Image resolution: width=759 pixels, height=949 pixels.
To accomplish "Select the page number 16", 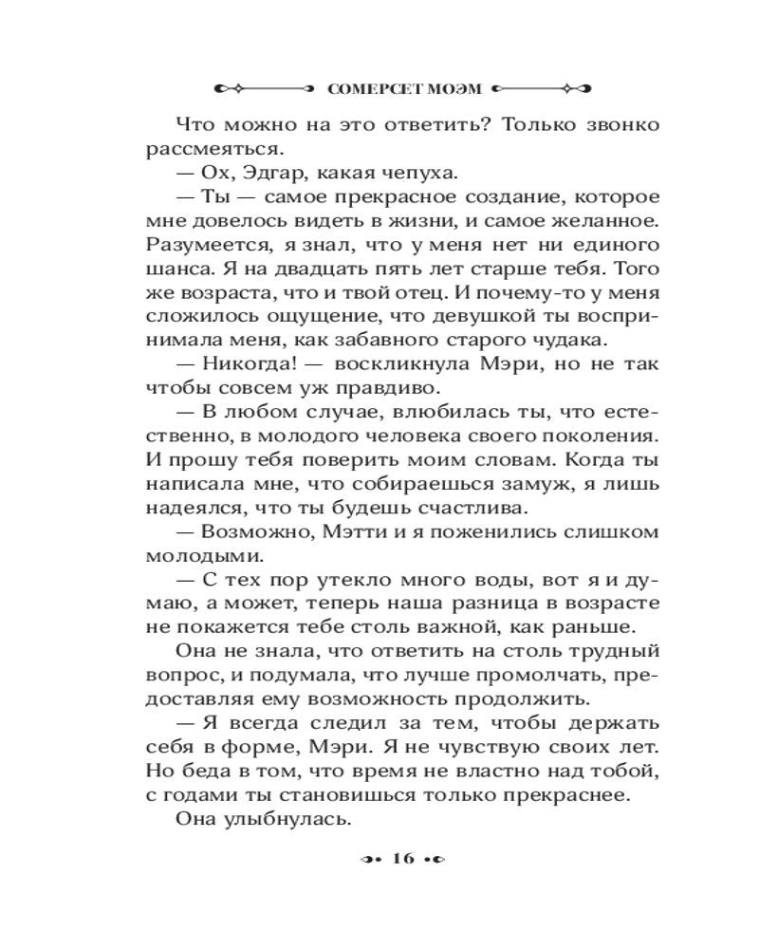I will pyautogui.click(x=398, y=859).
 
